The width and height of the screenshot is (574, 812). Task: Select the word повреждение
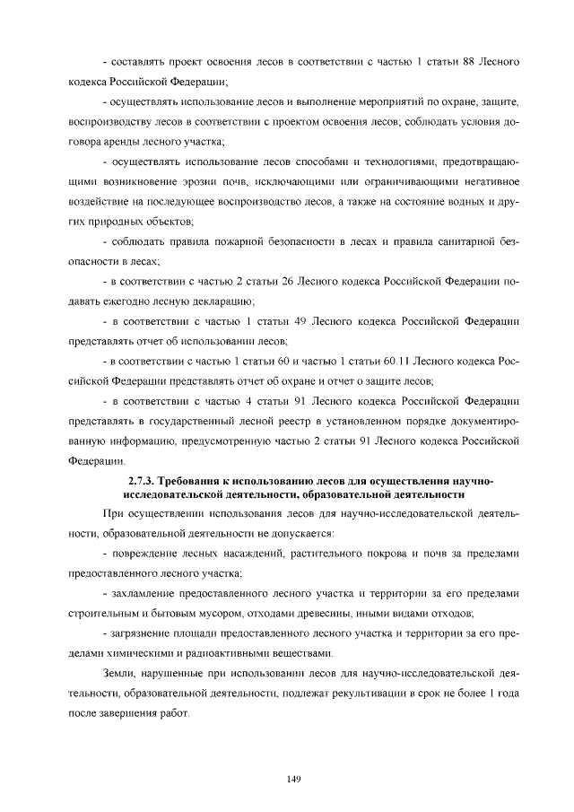point(152,554)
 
